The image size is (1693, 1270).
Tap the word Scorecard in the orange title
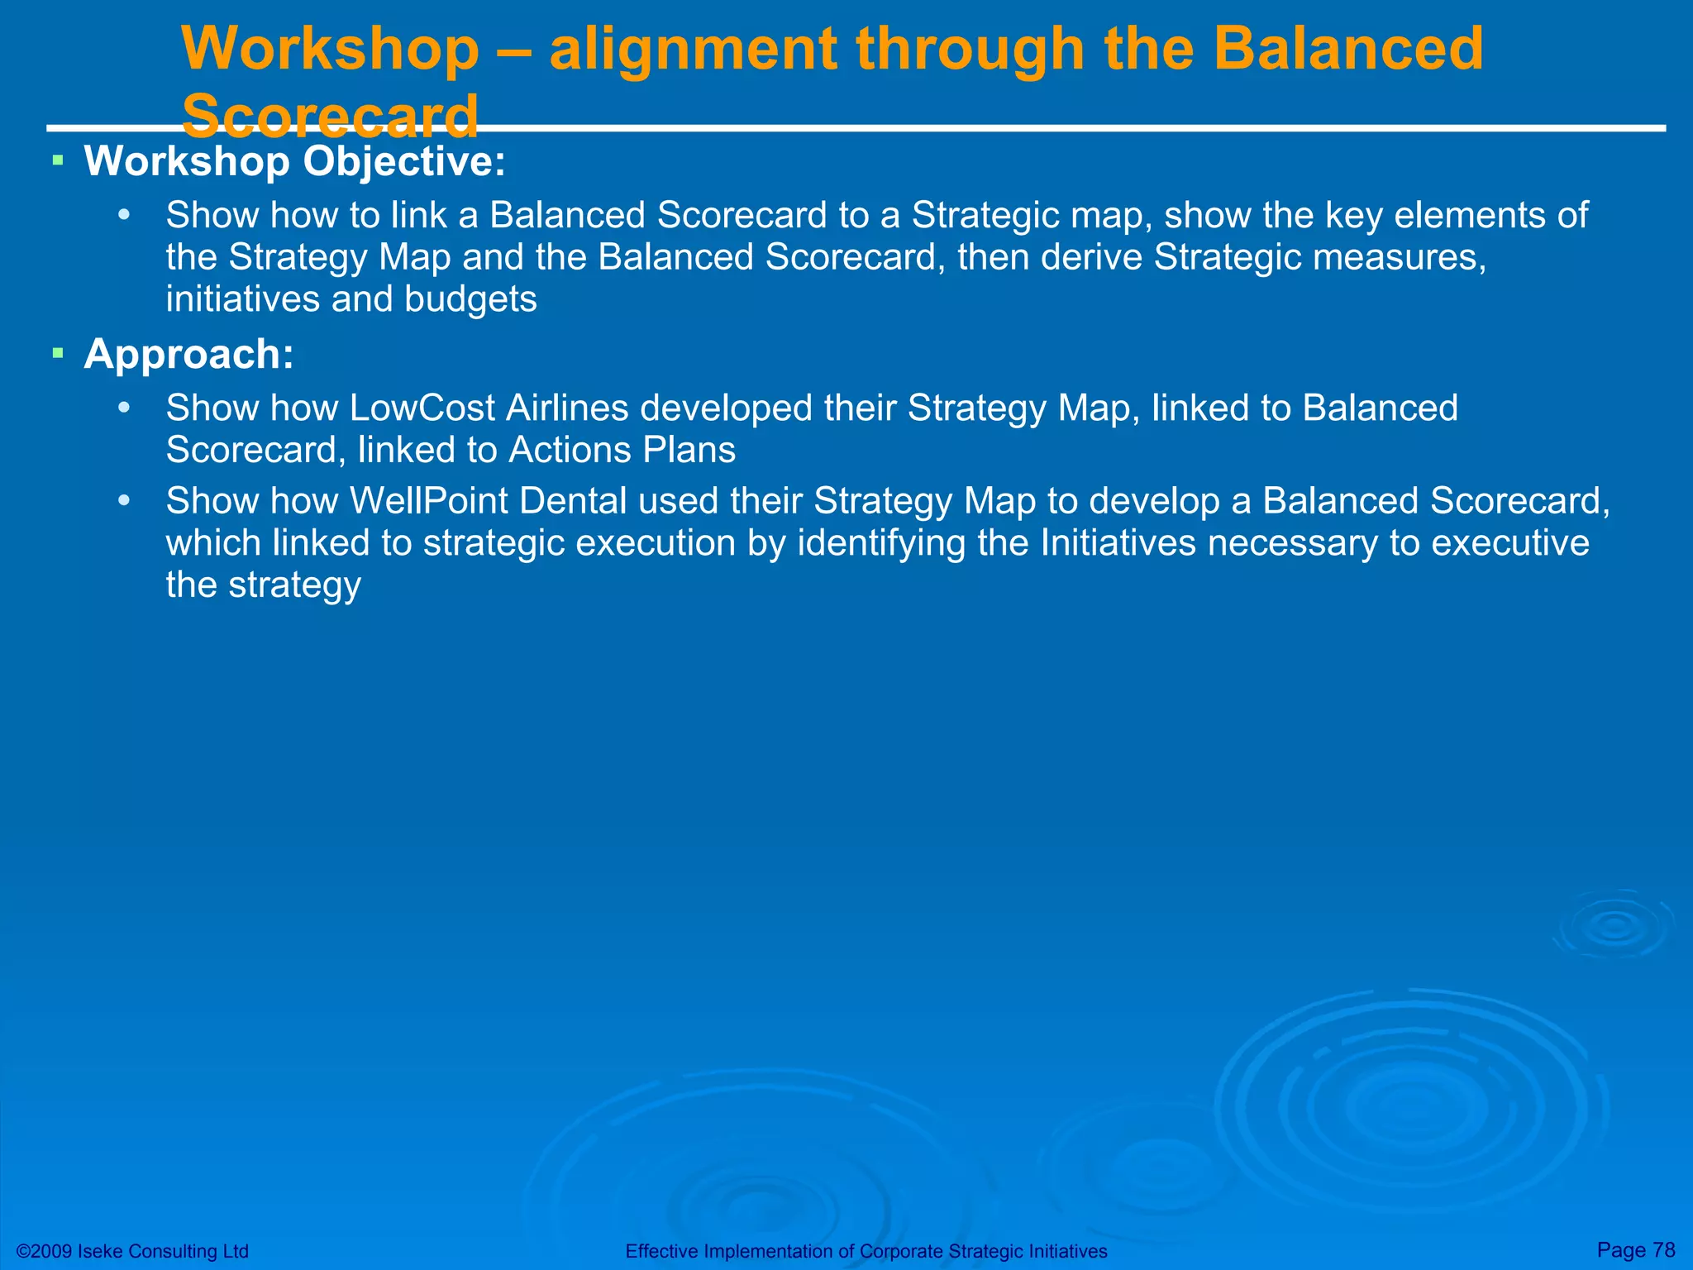(x=330, y=117)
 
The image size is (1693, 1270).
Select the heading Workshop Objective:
(x=294, y=160)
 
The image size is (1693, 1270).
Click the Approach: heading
(x=188, y=354)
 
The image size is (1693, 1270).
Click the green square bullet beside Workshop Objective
(x=58, y=160)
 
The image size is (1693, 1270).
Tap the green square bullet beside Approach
(x=58, y=354)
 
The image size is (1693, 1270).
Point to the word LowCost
(x=422, y=408)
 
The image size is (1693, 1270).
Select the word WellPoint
(x=429, y=501)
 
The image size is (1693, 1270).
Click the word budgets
(x=470, y=299)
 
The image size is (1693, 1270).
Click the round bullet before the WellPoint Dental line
(x=124, y=501)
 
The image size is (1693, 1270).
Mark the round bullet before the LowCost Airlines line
(x=124, y=408)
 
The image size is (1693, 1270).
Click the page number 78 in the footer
(x=1663, y=1249)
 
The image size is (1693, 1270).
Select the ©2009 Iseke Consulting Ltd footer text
(x=132, y=1251)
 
